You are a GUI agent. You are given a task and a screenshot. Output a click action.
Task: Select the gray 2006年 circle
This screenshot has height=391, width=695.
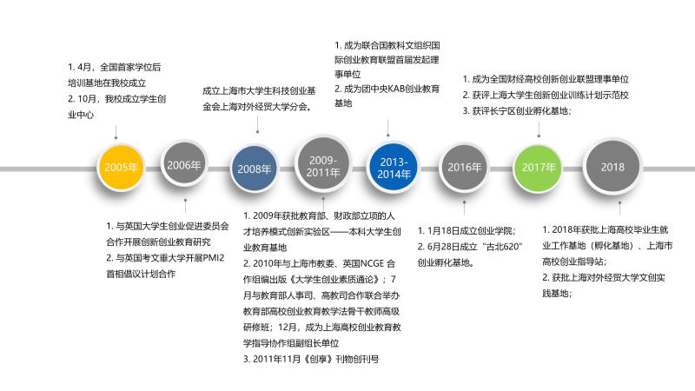184,164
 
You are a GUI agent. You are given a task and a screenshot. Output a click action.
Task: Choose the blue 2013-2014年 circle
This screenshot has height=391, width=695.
394,167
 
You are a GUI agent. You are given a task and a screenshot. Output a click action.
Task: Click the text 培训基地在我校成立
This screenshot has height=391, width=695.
108,83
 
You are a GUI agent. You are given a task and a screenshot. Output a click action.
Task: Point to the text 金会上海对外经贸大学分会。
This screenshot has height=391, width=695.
257,107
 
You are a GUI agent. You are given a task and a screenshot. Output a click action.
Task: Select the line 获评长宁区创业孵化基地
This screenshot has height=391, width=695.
520,110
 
